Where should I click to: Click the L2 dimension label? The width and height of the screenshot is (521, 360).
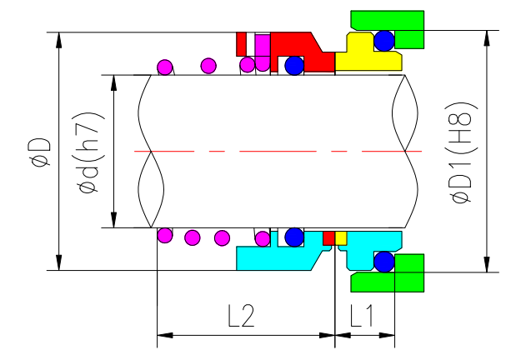[x=240, y=315]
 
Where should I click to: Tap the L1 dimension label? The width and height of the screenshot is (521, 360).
[x=363, y=315]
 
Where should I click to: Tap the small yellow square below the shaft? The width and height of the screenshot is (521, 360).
[x=340, y=237]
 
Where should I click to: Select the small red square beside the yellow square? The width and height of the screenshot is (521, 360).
[x=328, y=237]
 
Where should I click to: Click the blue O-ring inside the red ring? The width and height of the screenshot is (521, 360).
[x=294, y=65]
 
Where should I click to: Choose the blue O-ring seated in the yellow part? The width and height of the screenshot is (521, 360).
[x=384, y=40]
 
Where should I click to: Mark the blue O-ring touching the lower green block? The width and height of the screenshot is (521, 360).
[x=384, y=262]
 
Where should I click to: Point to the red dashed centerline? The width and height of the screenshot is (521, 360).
[x=275, y=151]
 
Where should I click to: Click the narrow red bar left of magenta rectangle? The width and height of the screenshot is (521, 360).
[x=242, y=43]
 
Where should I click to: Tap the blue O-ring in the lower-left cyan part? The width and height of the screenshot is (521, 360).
[x=293, y=237]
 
